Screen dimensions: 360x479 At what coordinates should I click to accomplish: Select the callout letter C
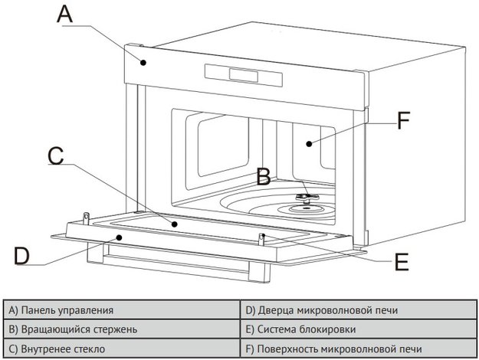55,155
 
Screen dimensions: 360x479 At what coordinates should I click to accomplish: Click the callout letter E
401,263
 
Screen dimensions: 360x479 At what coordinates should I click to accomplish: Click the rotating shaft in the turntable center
303,198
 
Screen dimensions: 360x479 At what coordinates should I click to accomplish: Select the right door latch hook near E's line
262,237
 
